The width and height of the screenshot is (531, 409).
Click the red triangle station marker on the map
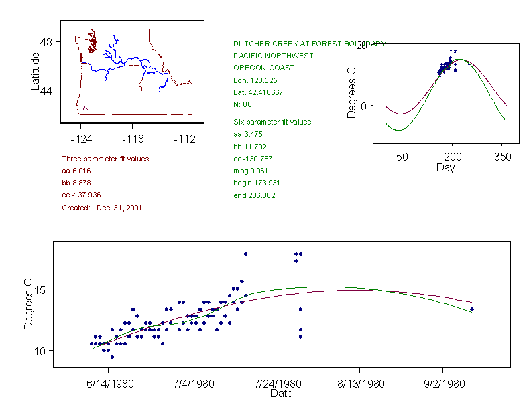coord(85,109)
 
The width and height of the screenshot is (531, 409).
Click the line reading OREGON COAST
coord(263,68)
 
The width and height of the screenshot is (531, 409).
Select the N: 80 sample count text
coord(243,104)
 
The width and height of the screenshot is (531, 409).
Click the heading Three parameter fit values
coord(106,159)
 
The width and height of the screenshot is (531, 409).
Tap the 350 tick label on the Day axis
coord(502,156)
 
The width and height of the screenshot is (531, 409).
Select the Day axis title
coord(445,168)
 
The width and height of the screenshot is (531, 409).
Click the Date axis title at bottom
coord(281,394)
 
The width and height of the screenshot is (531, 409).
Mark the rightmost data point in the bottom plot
coord(472,309)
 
